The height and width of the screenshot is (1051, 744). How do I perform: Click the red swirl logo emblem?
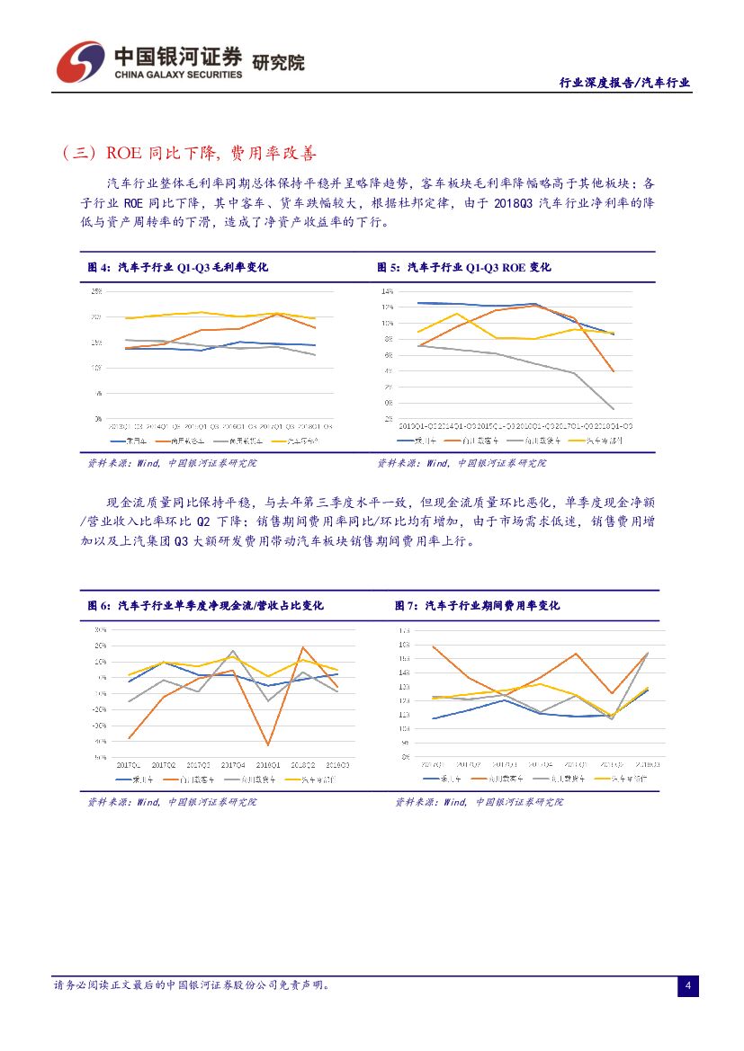point(79,61)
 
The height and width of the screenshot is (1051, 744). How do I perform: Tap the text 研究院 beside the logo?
point(278,63)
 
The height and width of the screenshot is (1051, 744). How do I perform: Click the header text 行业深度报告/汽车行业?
point(624,82)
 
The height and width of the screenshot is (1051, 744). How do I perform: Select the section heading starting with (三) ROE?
point(189,154)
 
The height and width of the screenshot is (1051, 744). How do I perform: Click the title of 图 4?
point(177,267)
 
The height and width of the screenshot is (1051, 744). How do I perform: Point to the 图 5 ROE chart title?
point(463,267)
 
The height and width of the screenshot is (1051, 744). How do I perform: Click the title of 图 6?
point(205,605)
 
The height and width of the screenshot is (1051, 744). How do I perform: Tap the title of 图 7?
point(477,605)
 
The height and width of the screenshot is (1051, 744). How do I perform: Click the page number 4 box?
point(687,986)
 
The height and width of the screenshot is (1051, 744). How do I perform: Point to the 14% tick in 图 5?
point(388,291)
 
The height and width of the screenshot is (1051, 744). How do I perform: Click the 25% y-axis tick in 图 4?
point(95,291)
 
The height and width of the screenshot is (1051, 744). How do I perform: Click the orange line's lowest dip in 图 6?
point(268,744)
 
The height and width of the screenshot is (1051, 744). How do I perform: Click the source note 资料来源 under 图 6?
point(171,801)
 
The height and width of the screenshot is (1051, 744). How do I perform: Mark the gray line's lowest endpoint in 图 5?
point(614,409)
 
